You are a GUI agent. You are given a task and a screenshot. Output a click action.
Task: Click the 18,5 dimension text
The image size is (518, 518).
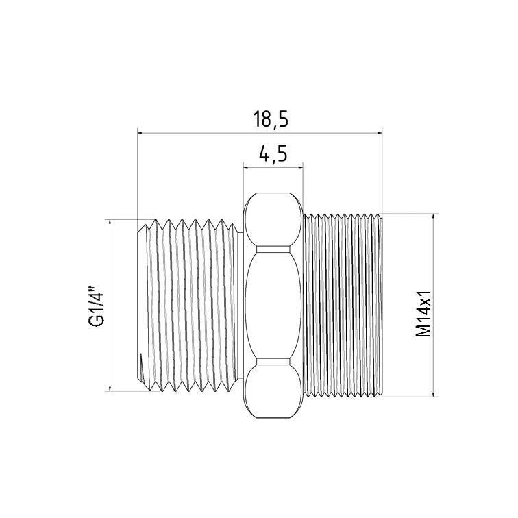pyautogui.click(x=271, y=119)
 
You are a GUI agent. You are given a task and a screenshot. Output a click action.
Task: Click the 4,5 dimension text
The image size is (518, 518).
pyautogui.click(x=273, y=153)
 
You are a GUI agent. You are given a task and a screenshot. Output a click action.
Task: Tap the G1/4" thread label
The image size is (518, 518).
pyautogui.click(x=97, y=309)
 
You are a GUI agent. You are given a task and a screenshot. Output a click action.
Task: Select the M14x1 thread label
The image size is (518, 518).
pyautogui.click(x=423, y=314)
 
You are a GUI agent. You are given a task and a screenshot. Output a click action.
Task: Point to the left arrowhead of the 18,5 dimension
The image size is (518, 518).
pyautogui.click(x=140, y=133)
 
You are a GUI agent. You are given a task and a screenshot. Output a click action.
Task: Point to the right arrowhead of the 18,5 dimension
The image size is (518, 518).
pyautogui.click(x=379, y=133)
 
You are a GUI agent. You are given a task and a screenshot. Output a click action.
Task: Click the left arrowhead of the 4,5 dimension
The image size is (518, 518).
pyautogui.click(x=246, y=167)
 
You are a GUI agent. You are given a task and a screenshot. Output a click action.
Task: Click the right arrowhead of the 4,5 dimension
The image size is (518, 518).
pyautogui.click(x=300, y=167)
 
